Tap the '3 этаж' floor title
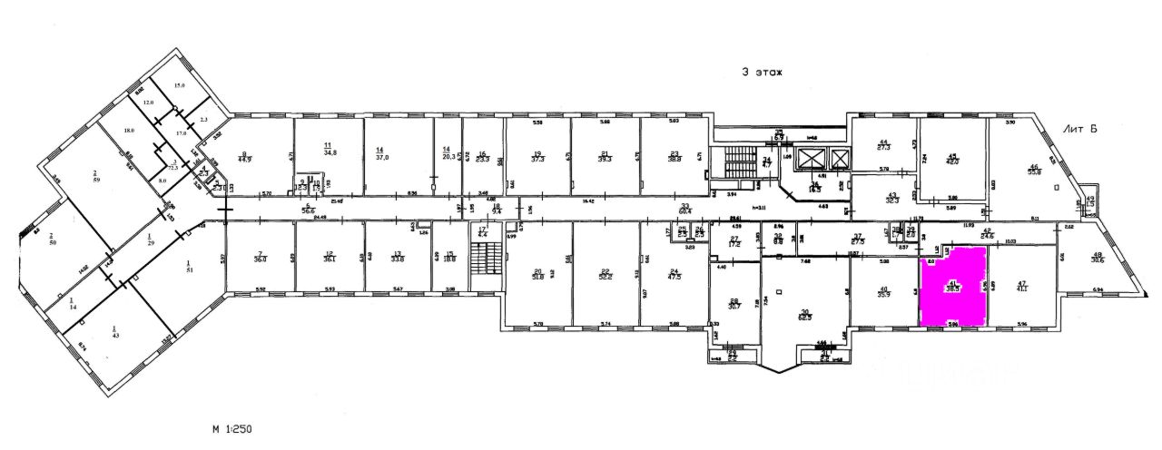point(761,73)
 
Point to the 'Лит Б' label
point(1079,132)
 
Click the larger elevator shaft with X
point(838,163)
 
